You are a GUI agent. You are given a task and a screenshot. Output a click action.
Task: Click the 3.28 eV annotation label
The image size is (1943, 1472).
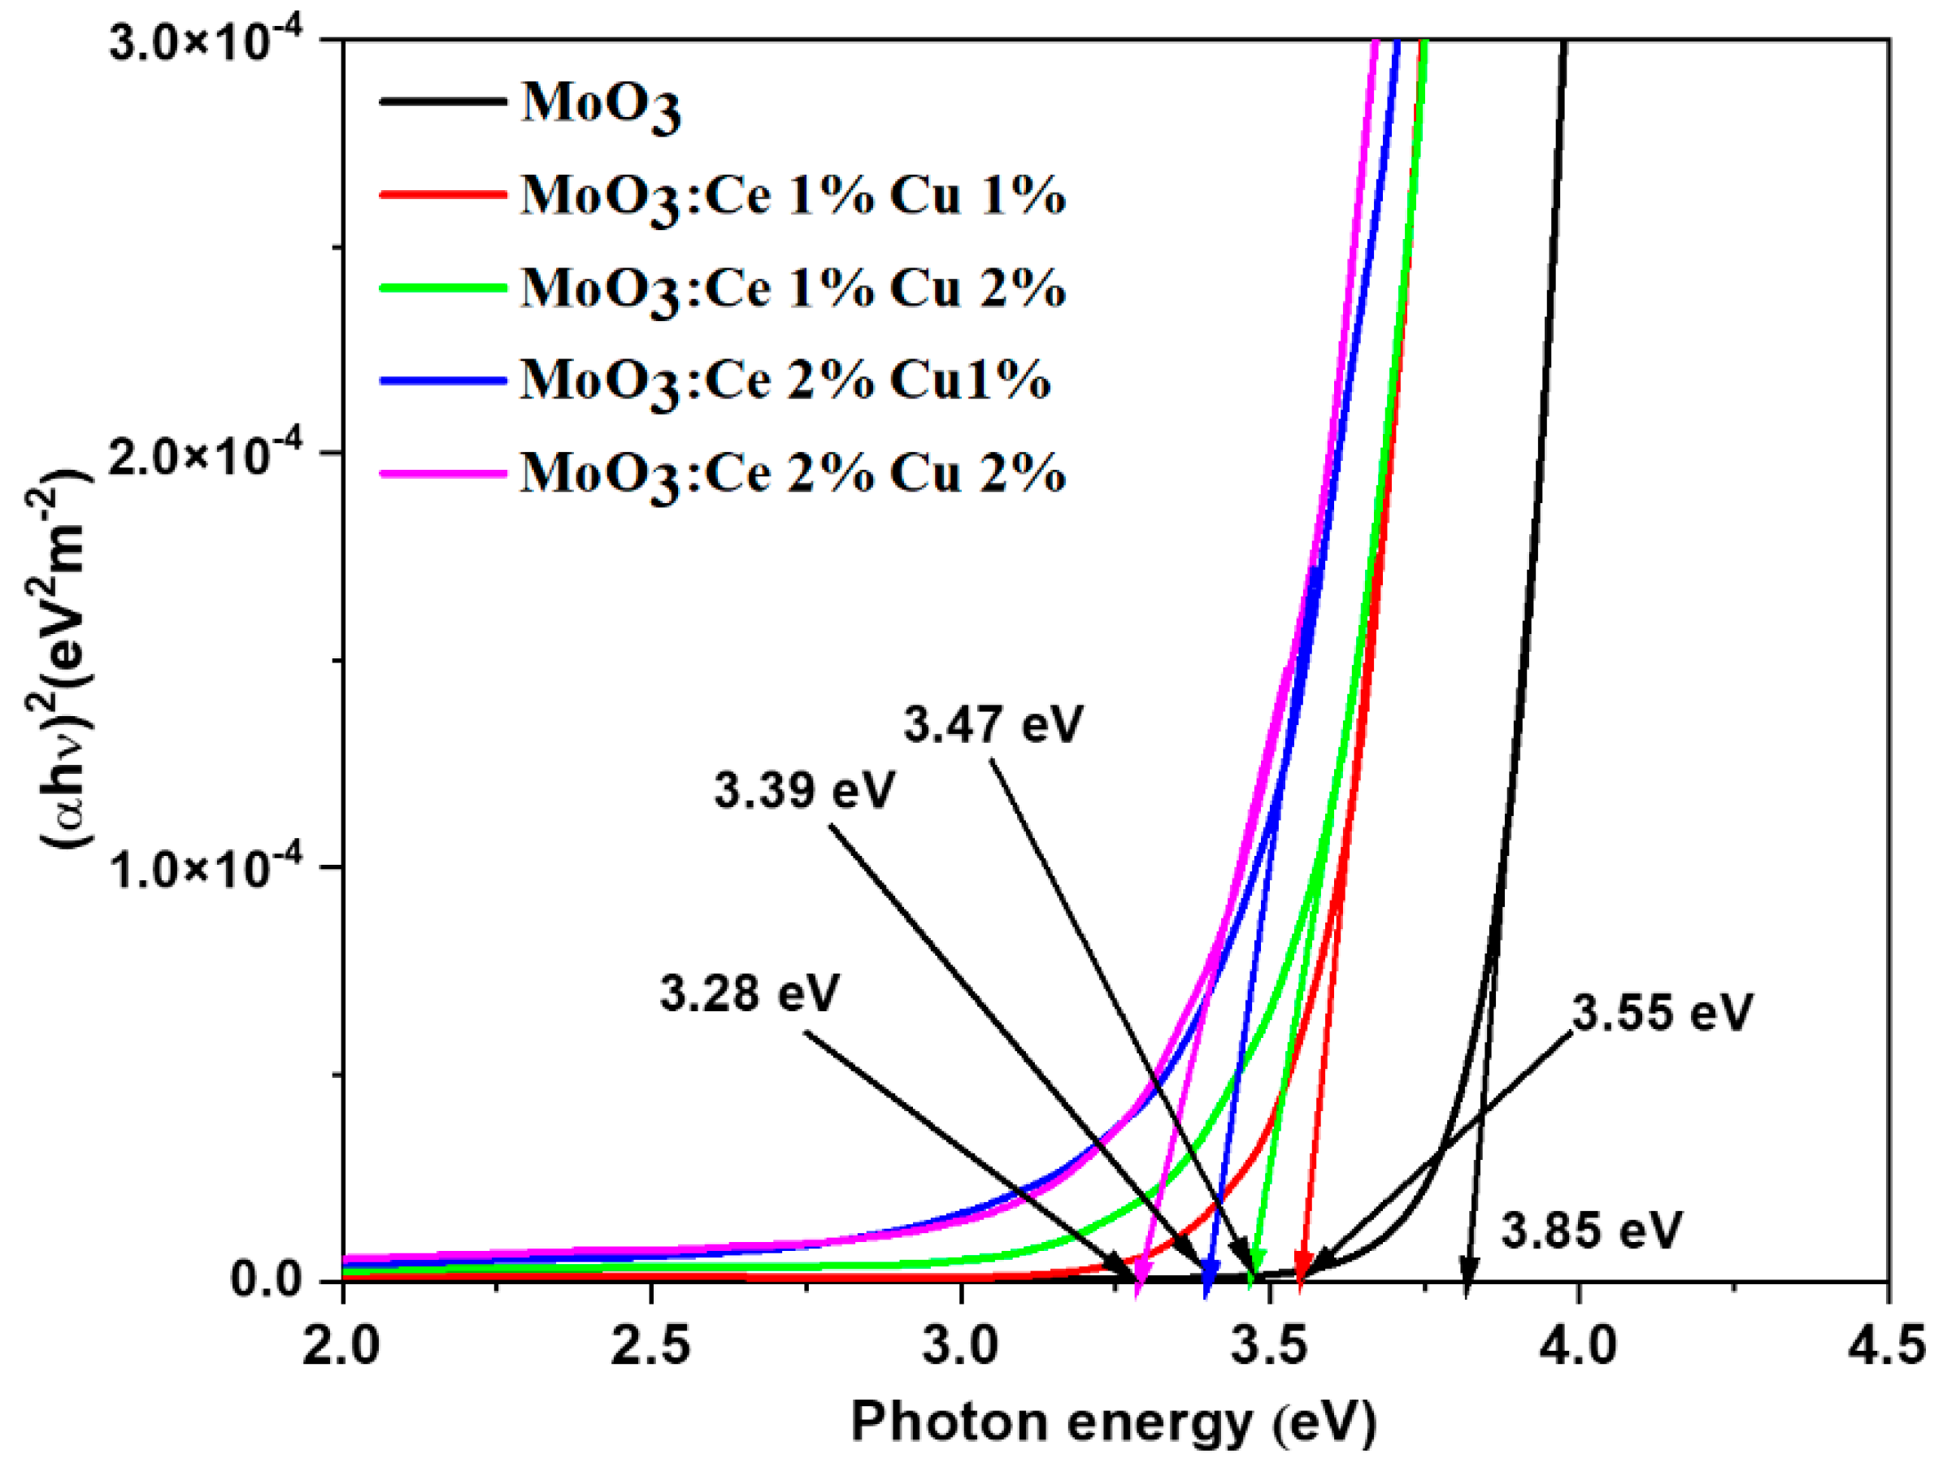pyautogui.click(x=750, y=994)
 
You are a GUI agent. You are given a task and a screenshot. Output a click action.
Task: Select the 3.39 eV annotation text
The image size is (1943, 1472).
pyautogui.click(x=804, y=789)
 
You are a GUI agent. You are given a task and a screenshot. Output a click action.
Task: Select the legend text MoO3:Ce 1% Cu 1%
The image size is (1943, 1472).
pyautogui.click(x=793, y=197)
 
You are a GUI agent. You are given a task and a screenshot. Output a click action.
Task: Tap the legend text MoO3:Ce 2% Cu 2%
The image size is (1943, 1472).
pyautogui.click(x=793, y=474)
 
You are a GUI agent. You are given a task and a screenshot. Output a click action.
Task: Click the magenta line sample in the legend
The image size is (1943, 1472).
pyautogui.click(x=443, y=473)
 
